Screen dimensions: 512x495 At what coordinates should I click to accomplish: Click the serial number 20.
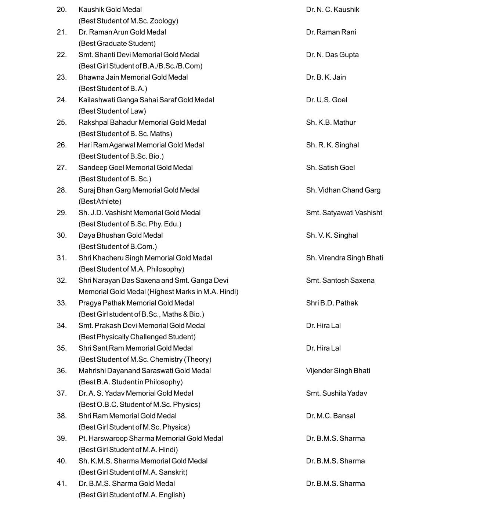62,10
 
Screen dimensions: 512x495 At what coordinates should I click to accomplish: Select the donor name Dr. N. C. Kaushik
332,10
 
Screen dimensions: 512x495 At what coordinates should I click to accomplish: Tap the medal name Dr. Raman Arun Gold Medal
122,32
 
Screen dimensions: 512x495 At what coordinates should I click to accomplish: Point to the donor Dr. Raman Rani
331,32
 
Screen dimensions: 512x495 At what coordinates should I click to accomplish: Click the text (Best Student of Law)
112,111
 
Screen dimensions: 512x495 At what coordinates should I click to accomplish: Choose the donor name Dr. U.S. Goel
326,100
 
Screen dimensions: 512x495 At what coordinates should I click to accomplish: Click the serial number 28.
62,190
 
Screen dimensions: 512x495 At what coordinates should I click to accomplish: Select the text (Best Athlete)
100,201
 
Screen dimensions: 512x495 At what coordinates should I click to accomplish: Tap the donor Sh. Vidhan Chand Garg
343,190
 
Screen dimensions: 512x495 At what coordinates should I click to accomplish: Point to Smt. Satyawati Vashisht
344,213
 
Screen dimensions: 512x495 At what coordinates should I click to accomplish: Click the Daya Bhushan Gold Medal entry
120,235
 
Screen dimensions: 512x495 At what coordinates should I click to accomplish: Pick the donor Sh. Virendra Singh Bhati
344,258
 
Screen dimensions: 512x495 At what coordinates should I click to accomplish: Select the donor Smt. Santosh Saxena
340,281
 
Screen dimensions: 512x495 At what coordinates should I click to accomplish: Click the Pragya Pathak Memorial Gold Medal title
136,303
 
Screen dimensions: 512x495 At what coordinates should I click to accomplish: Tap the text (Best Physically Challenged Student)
137,337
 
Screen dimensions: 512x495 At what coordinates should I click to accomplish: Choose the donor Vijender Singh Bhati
338,371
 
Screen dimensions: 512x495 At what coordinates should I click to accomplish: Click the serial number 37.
62,393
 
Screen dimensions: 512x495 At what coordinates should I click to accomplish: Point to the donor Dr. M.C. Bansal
330,416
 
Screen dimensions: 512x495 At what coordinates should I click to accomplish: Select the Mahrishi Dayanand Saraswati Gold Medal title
144,371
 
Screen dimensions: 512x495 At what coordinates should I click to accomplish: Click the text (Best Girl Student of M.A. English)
131,495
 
